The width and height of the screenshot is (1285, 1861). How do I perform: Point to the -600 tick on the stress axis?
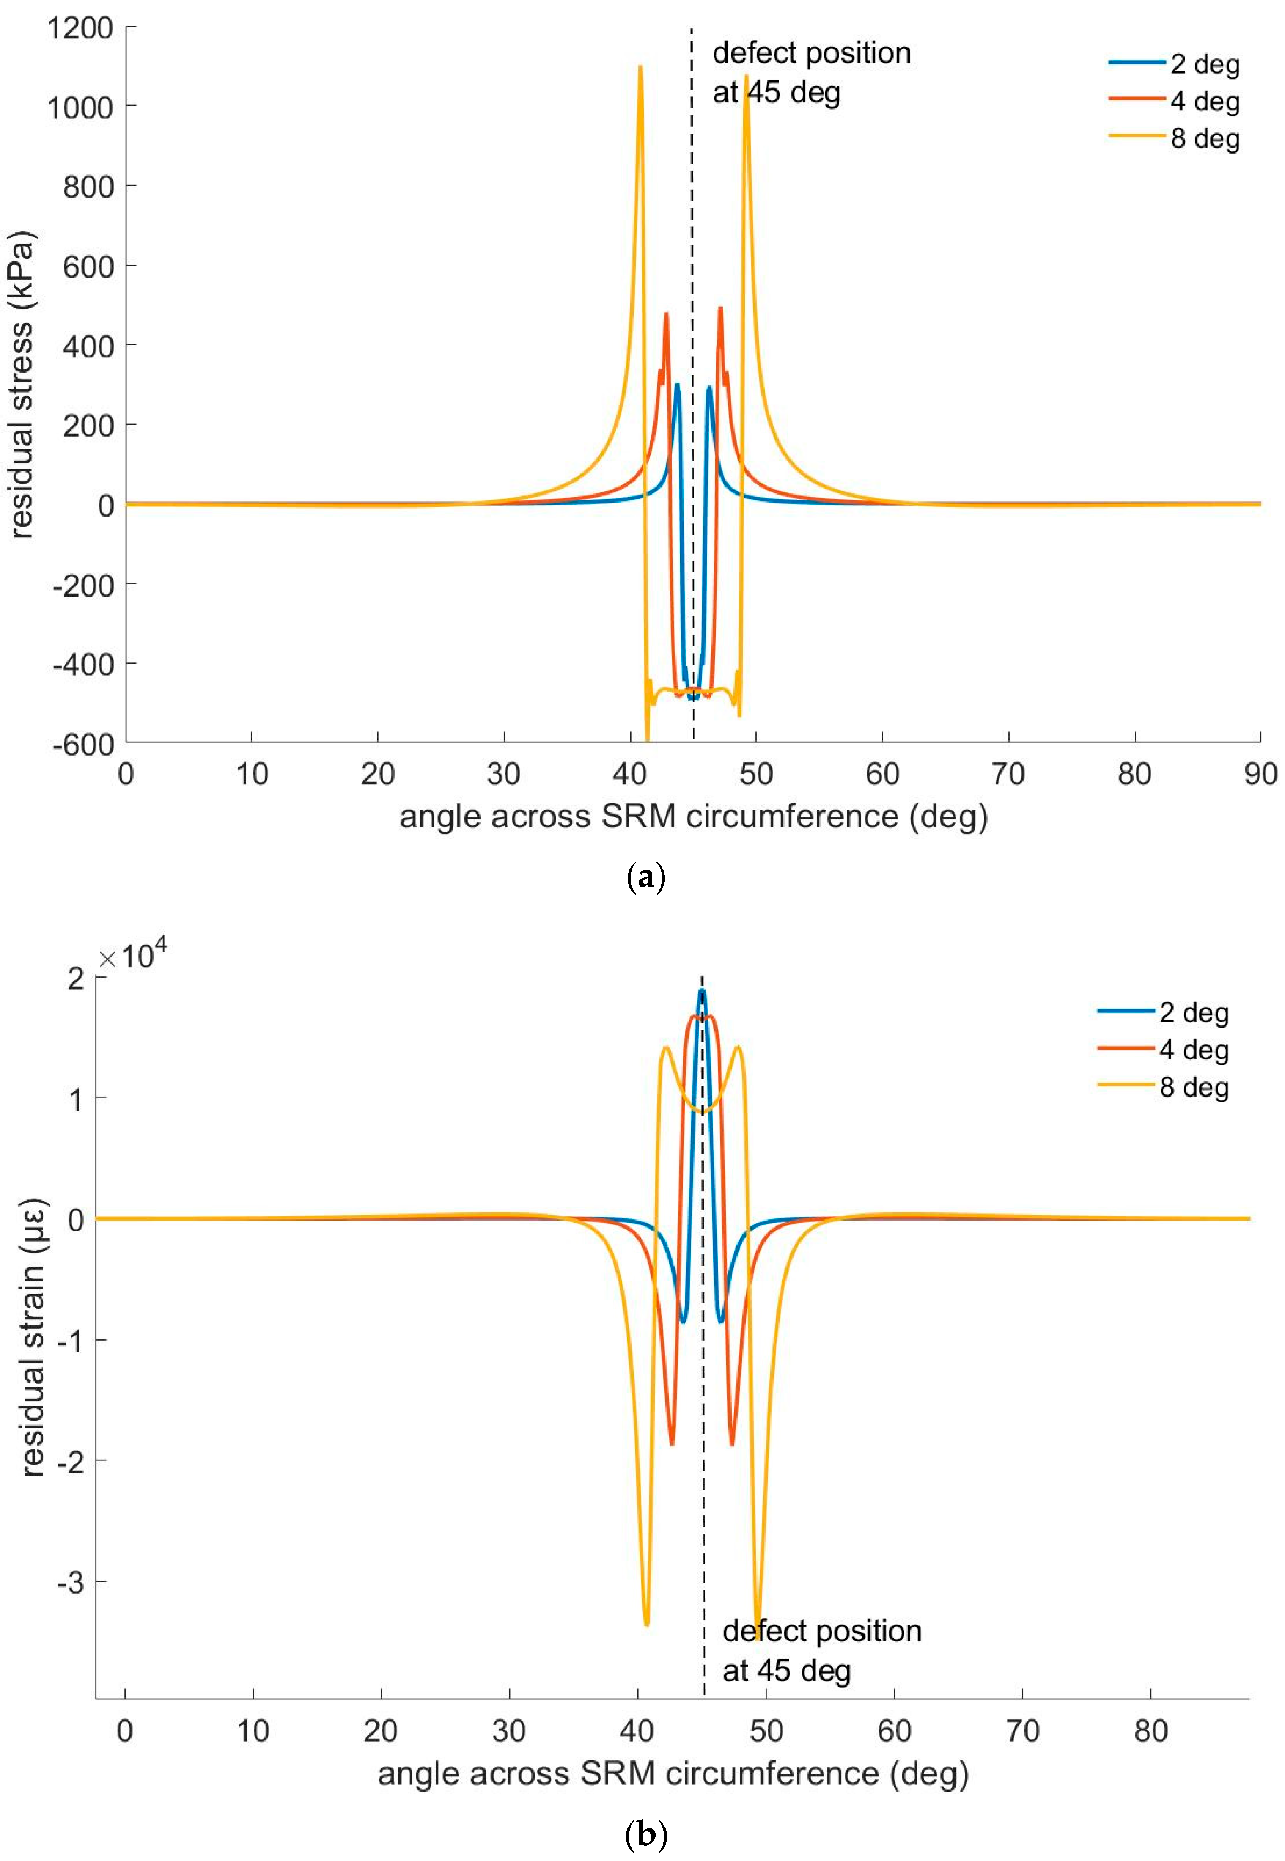tap(84, 743)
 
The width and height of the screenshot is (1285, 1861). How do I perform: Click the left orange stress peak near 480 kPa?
tap(666, 314)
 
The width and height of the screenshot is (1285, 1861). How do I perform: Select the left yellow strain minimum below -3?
tap(647, 1623)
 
